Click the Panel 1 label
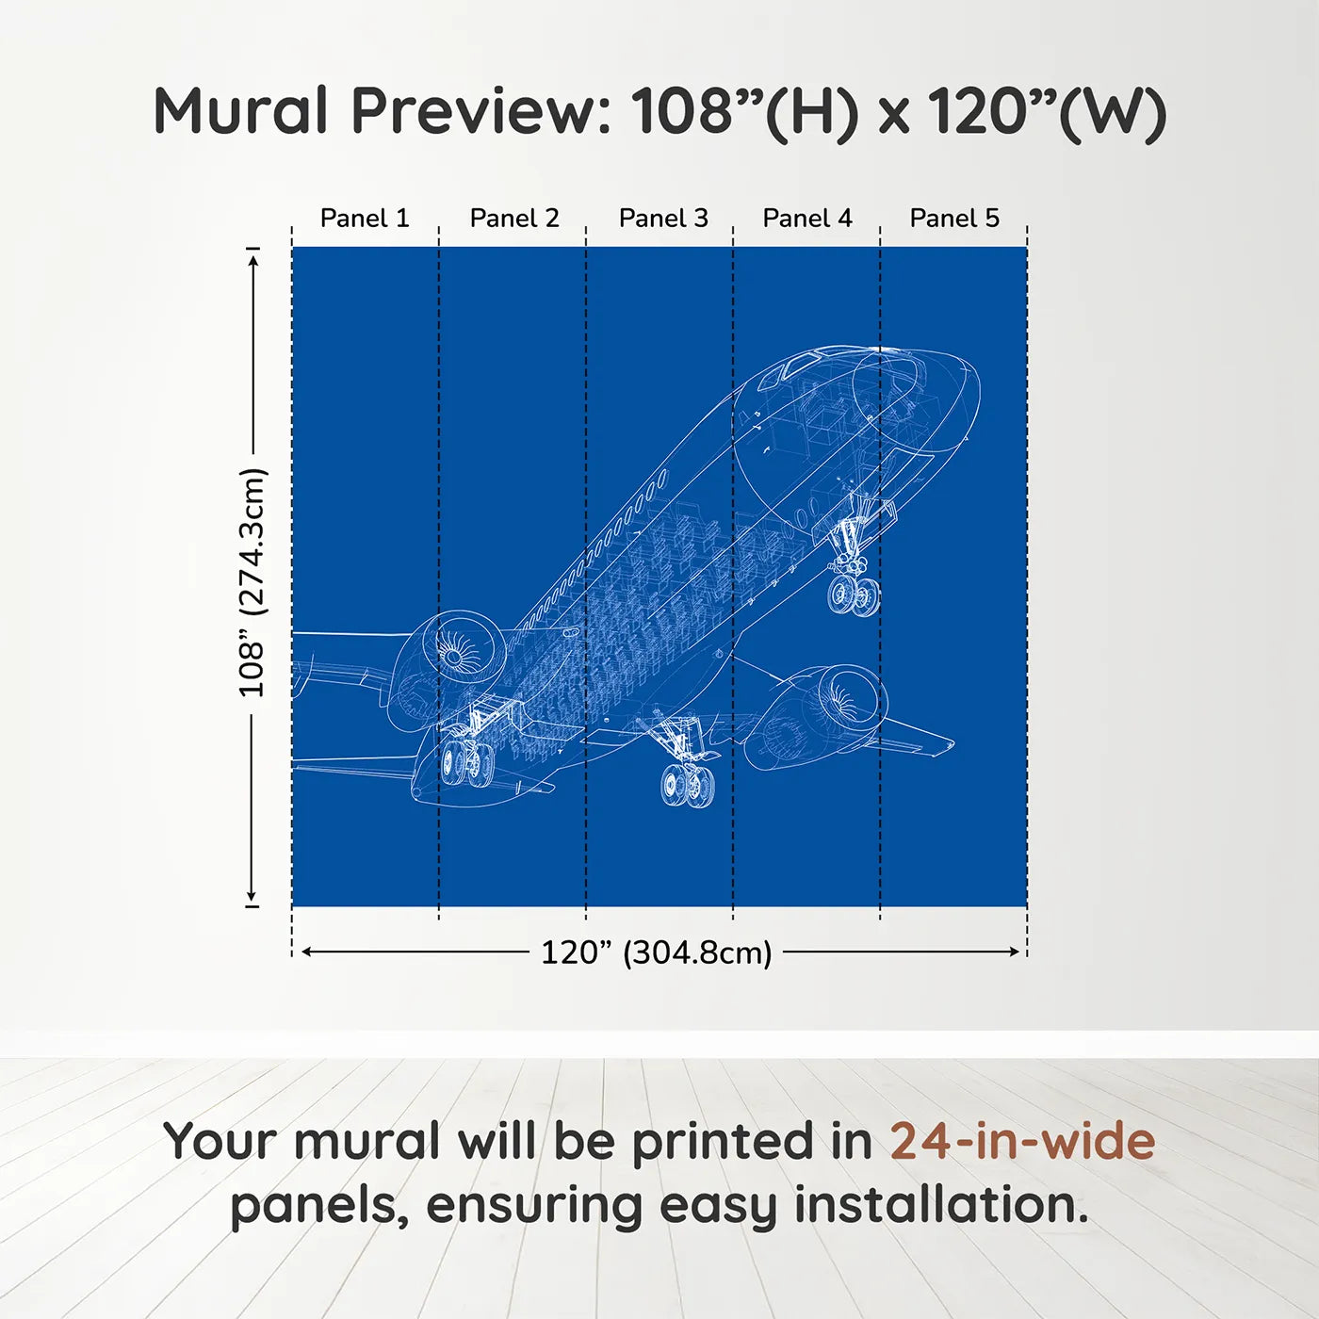[365, 219]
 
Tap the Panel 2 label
[514, 219]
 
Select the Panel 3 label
[663, 219]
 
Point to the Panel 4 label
[807, 219]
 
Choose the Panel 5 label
[954, 219]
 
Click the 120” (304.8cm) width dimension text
[657, 953]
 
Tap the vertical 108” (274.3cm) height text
[252, 582]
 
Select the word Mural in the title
[241, 110]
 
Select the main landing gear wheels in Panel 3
[687, 785]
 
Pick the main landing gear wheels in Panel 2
[467, 761]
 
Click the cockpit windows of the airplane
[794, 366]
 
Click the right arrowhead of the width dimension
[1015, 952]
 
